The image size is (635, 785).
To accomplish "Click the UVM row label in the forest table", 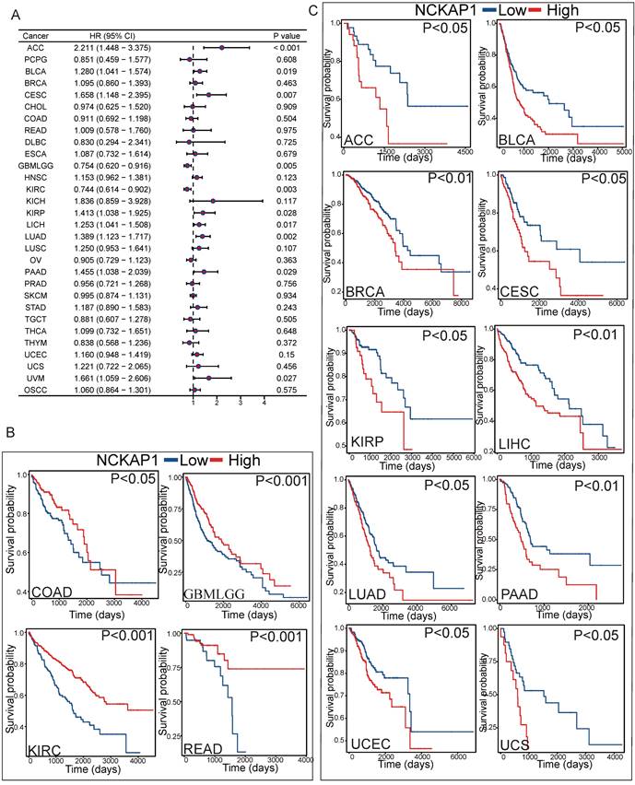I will [34, 377].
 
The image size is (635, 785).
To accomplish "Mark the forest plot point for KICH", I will [214, 199].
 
